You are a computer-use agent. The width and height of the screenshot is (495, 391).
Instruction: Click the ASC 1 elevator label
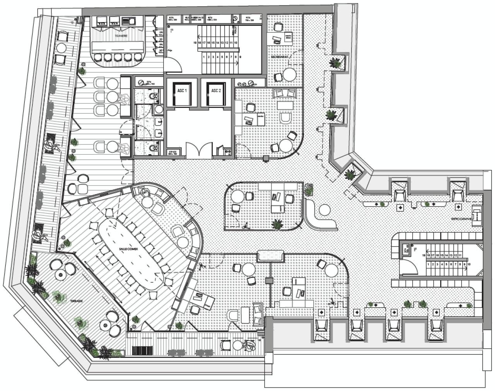(x=182, y=90)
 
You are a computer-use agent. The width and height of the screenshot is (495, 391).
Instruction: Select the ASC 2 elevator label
(x=216, y=90)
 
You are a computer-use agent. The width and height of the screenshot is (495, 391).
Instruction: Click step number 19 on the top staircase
(x=195, y=43)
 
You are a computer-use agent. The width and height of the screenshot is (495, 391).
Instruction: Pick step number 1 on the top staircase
(x=204, y=57)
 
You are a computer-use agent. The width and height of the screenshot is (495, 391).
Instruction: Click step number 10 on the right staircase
(x=469, y=265)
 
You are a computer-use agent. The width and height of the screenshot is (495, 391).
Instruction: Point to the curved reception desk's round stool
(x=324, y=210)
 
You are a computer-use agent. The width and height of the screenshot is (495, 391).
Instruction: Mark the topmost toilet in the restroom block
(x=153, y=96)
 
